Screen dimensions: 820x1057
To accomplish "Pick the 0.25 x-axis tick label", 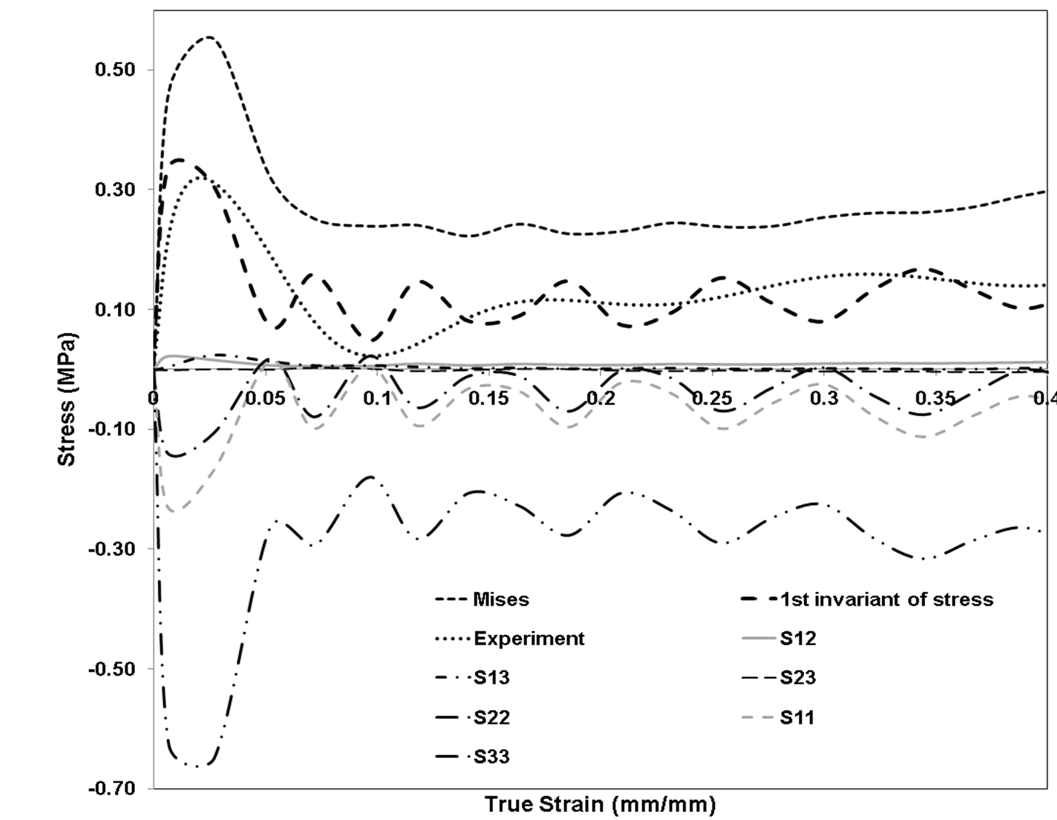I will click(x=711, y=399).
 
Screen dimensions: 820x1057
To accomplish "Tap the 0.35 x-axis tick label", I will click(x=935, y=399).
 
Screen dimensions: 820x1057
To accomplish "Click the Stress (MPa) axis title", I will click(x=67, y=399).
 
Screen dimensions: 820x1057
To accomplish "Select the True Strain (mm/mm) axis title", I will click(x=600, y=805).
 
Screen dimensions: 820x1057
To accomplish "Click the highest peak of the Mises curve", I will click(x=208, y=37).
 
